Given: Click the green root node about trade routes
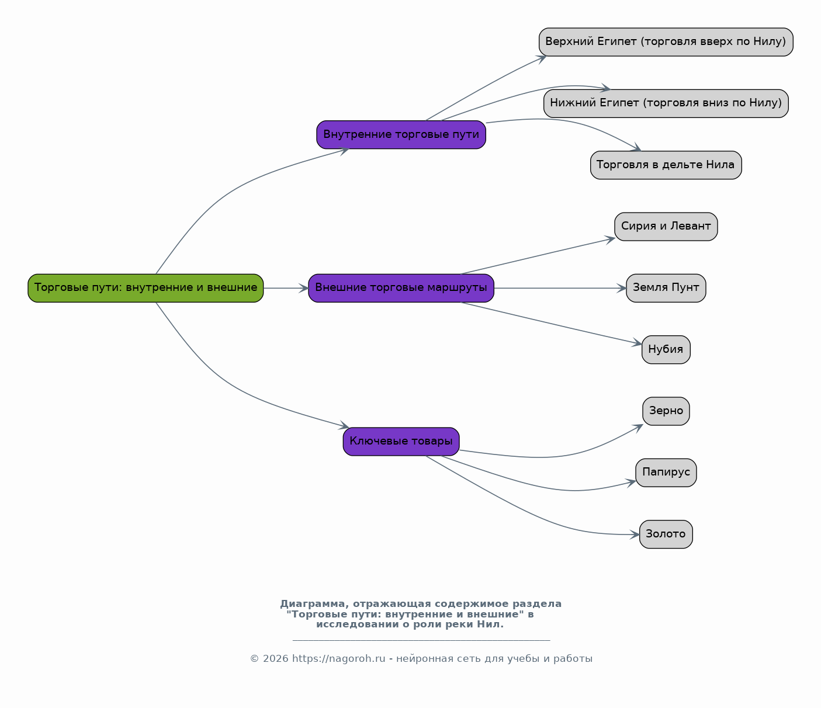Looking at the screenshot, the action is [x=146, y=288].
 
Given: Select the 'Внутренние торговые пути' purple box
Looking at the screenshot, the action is [x=401, y=134].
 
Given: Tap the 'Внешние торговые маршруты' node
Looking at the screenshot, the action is [x=401, y=288].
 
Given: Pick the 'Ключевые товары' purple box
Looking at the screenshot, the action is [x=401, y=442].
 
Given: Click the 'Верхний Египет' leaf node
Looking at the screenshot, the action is [x=666, y=41].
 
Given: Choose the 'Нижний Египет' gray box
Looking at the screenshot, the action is [x=666, y=103].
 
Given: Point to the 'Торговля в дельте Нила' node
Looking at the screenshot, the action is [x=666, y=165].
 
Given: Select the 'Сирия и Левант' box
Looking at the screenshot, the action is [x=666, y=226].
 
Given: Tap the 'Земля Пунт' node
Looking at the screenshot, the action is [x=666, y=288].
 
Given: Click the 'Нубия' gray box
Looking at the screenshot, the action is [x=666, y=349].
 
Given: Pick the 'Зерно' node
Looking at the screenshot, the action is [x=666, y=411].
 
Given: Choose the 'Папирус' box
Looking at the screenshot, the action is [x=666, y=473].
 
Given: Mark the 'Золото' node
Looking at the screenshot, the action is [x=666, y=534].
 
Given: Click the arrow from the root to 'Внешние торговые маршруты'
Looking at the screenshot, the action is [x=286, y=289].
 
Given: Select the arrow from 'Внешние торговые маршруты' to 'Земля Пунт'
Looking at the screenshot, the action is [x=560, y=289].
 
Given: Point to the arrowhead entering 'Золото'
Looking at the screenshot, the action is [x=635, y=535].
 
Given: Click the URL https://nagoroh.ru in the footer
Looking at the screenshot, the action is [x=338, y=659].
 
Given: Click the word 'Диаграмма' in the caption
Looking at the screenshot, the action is [x=312, y=604].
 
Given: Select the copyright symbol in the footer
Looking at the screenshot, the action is [x=254, y=659].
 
